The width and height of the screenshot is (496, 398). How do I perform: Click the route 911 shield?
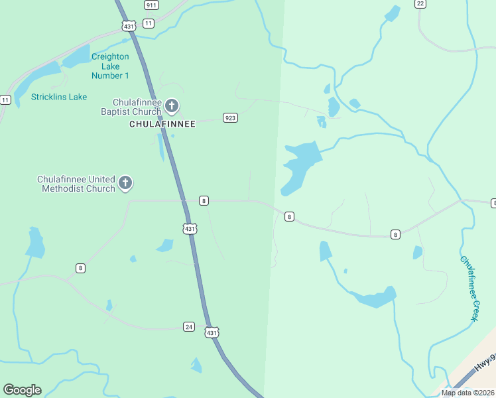click(151, 5)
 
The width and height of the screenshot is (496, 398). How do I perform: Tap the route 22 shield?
click(420, 3)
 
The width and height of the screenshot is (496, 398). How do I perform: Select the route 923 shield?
click(230, 118)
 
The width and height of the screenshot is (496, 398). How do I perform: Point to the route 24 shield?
click(189, 326)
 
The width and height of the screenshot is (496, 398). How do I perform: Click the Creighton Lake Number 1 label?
click(110, 66)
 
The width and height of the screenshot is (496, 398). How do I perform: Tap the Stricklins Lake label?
click(59, 97)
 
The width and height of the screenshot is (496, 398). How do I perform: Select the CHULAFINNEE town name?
click(162, 124)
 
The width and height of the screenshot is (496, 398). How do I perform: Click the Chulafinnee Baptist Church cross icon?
click(172, 105)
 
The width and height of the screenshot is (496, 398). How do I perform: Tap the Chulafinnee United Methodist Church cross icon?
click(125, 184)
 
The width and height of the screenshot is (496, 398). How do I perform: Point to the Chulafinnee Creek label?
click(469, 289)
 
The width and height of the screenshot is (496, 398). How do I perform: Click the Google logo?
click(22, 390)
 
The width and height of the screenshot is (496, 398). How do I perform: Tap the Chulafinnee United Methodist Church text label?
click(76, 184)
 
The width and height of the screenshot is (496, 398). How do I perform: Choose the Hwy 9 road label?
click(485, 363)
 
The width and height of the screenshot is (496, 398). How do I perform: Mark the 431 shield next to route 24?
click(211, 332)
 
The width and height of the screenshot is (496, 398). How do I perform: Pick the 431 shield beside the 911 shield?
click(129, 26)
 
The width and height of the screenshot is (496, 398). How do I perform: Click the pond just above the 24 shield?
click(109, 306)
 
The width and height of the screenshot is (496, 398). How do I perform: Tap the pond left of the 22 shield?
click(393, 13)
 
